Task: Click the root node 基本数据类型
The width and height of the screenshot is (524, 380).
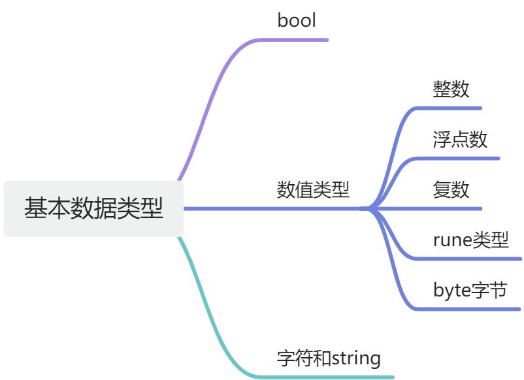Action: pyautogui.click(x=93, y=208)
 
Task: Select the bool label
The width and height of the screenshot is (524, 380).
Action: pyautogui.click(x=297, y=20)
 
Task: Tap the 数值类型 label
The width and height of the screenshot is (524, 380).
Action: pyautogui.click(x=313, y=190)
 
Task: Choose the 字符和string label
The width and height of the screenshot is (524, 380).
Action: pyautogui.click(x=329, y=358)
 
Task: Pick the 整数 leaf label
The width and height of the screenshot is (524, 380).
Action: pyautogui.click(x=451, y=89)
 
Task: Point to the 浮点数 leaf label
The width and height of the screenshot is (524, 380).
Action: pyautogui.click(x=460, y=139)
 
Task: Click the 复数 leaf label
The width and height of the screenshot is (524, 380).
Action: pyautogui.click(x=451, y=189)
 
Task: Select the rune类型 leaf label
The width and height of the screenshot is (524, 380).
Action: pyautogui.click(x=470, y=240)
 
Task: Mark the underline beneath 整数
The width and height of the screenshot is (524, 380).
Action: pyautogui.click(x=451, y=108)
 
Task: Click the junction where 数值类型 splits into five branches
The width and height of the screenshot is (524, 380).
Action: pyautogui.click(x=370, y=209)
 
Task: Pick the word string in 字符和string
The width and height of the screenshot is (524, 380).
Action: pyautogui.click(x=356, y=358)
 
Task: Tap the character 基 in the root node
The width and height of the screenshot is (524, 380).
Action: pyautogui.click(x=35, y=208)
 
